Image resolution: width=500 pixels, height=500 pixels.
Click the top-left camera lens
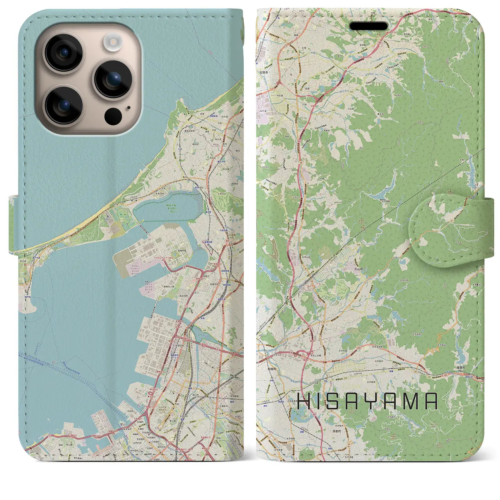(x=63, y=52)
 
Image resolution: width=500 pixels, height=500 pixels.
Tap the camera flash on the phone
(x=113, y=42)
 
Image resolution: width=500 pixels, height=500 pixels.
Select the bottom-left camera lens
(x=63, y=104)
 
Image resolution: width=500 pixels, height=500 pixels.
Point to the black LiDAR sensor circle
(x=113, y=116)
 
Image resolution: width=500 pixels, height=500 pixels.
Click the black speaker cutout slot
(x=369, y=27)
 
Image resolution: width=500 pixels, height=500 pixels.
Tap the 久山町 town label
(x=359, y=269)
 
